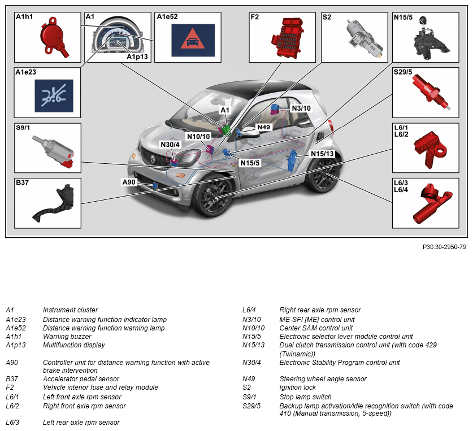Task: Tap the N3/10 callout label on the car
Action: pos(301,108)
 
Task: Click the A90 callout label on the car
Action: pos(129,182)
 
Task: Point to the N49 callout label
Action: pos(263,127)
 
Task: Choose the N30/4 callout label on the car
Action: pos(170,145)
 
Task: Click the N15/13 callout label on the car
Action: pos(322,154)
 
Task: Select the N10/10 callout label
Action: pos(198,136)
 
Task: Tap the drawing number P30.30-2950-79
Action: pos(444,247)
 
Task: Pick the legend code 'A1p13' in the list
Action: pos(15,345)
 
